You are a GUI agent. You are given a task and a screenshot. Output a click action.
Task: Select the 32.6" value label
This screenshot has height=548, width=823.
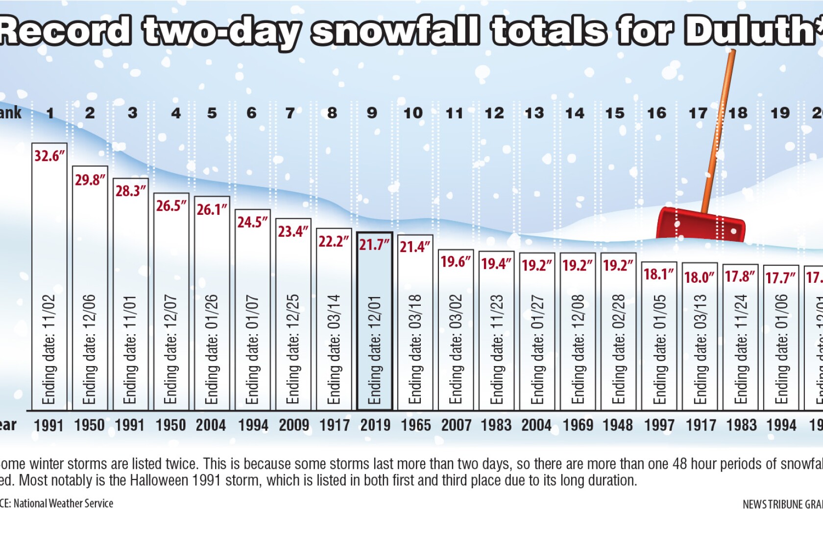point(49,156)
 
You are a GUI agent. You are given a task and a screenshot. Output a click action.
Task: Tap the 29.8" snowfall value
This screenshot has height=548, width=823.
point(90,180)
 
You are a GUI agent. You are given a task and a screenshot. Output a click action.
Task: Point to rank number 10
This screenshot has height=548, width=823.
point(413,113)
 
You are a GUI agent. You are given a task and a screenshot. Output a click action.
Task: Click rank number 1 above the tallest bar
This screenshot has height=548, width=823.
point(50,113)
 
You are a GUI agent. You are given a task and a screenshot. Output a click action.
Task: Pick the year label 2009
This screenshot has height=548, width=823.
point(294,425)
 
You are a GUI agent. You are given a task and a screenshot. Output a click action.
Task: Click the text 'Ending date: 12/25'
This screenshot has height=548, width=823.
point(292,349)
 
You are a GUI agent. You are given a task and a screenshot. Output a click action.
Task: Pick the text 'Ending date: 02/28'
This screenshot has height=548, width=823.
point(618,349)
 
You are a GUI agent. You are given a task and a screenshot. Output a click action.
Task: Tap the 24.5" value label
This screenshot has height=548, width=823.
point(253,222)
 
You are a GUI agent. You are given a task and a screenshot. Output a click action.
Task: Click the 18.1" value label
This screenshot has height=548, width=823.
point(659,274)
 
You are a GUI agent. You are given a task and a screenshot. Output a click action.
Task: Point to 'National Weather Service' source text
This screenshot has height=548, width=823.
point(63,503)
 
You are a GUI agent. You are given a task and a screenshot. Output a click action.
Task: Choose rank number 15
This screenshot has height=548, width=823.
point(615,113)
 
